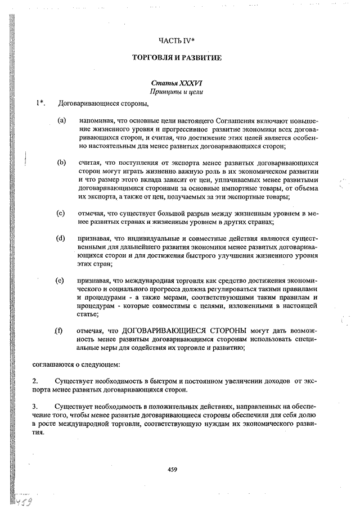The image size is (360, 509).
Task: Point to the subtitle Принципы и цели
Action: [177, 91]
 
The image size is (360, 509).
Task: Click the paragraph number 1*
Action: [40, 103]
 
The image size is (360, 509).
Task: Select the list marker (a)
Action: [61, 120]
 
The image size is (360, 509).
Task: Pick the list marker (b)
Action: [61, 162]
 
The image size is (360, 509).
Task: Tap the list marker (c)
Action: [61, 213]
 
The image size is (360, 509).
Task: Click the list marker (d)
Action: [61, 238]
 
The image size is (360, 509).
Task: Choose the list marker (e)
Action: [61, 280]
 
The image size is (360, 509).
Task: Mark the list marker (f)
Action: [58, 331]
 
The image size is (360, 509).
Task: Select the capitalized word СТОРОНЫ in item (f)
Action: [226, 331]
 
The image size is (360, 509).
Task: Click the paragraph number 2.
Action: [35, 381]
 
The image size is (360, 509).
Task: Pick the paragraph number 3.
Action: [35, 406]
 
